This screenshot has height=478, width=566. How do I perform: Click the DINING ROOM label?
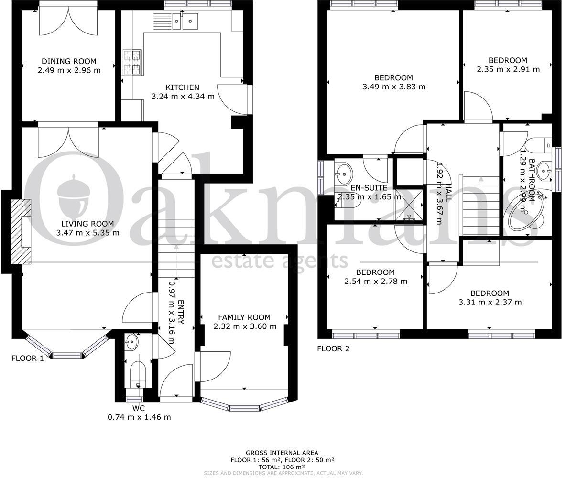tap(69, 61)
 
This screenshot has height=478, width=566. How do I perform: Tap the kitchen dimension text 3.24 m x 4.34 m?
tap(183, 97)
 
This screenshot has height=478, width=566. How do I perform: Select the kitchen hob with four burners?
tap(132, 63)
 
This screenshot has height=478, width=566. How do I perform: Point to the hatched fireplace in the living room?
tap(21, 231)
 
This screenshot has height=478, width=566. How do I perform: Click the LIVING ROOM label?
tap(87, 224)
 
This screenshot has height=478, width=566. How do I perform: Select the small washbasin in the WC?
tap(131, 342)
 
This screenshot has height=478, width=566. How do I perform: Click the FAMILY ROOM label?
tap(244, 317)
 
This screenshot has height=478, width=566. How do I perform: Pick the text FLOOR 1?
tap(27, 358)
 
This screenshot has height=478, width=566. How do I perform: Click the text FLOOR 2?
tap(333, 348)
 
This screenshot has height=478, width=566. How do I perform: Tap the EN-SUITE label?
tap(369, 188)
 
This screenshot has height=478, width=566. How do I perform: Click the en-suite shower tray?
tap(410, 204)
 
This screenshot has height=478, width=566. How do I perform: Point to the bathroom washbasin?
tap(544, 169)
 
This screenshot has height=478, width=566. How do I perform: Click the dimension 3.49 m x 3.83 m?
tap(393, 87)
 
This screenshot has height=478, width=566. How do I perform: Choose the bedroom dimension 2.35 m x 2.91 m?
tap(508, 69)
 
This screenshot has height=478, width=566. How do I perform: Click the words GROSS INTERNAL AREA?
tap(282, 453)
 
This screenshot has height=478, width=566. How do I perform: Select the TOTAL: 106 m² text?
tap(282, 467)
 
